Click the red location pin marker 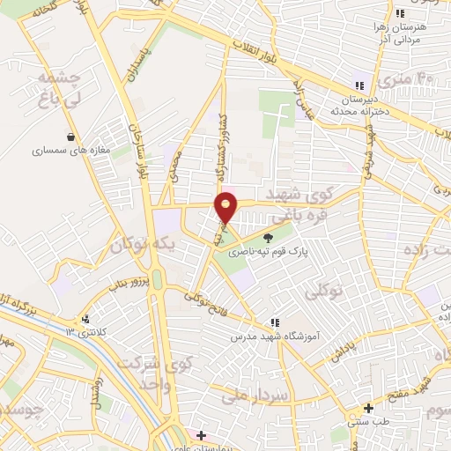click(x=226, y=207)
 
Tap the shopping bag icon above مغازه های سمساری click(x=70, y=137)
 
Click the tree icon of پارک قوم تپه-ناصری click(x=269, y=235)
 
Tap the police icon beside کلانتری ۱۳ click(x=85, y=320)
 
